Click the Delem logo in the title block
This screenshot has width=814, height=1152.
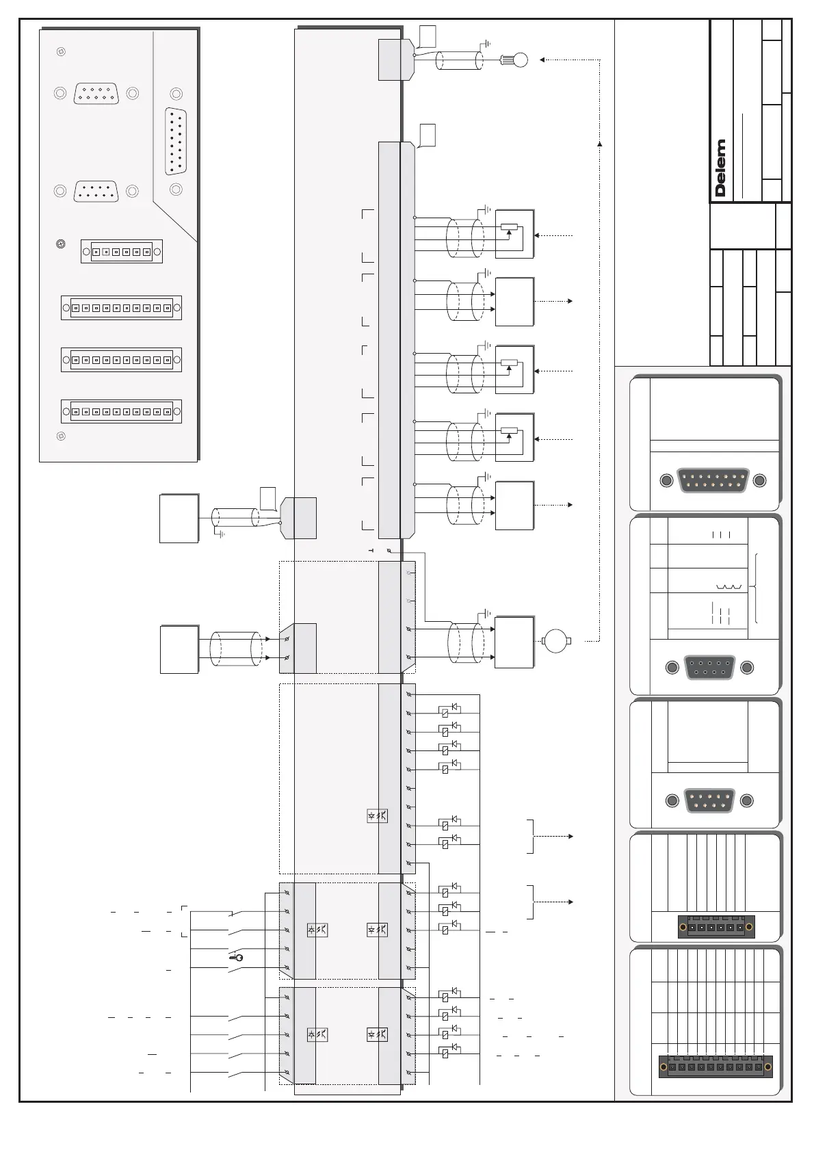click(x=720, y=168)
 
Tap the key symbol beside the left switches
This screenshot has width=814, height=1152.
click(x=237, y=957)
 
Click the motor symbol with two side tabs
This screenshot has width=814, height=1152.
click(x=555, y=641)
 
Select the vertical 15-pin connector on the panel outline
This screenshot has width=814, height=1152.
click(x=176, y=142)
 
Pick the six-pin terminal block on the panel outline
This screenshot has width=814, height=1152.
click(x=122, y=252)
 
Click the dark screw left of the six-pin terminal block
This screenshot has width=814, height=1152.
click(x=61, y=244)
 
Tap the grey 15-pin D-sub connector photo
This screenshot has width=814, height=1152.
click(x=713, y=480)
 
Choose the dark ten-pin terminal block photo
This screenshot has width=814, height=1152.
click(x=715, y=1066)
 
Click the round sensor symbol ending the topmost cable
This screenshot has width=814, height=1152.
click(x=521, y=60)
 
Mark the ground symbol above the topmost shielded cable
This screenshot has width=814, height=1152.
click(x=486, y=44)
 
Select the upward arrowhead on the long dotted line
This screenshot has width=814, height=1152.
click(x=600, y=144)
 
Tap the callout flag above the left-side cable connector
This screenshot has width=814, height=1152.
click(x=267, y=497)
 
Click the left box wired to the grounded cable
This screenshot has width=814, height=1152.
click(x=179, y=519)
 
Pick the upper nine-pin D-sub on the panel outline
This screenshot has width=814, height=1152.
click(x=96, y=93)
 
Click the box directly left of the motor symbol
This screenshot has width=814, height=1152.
click(x=514, y=642)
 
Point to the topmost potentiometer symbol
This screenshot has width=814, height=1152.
click(x=509, y=227)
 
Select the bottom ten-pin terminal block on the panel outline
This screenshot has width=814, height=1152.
click(x=122, y=411)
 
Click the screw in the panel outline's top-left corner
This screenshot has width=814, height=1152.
click(x=60, y=51)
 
